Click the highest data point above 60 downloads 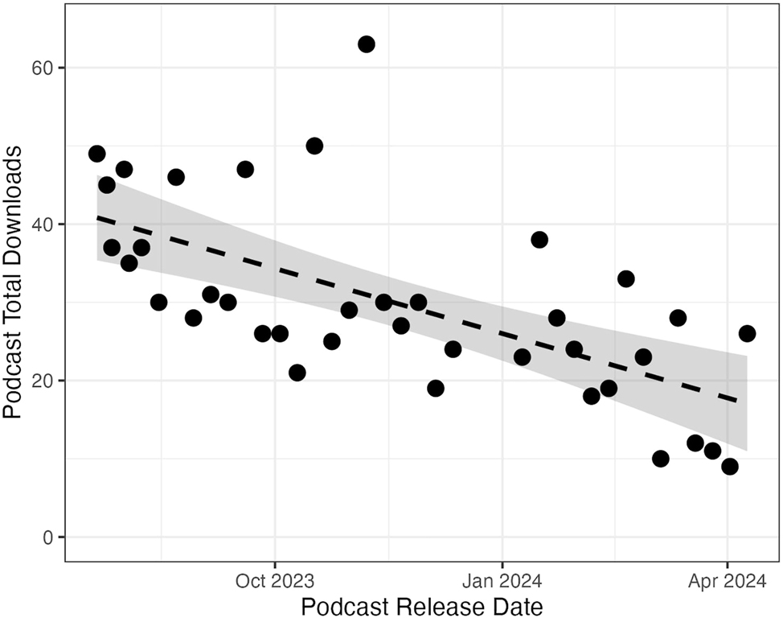[367, 44]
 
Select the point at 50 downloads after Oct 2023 [314, 146]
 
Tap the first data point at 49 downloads [97, 154]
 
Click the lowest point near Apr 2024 [730, 467]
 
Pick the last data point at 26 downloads [747, 333]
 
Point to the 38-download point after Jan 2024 [539, 240]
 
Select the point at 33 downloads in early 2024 [626, 279]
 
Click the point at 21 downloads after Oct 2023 [297, 373]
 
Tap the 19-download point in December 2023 [436, 389]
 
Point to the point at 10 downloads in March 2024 [661, 459]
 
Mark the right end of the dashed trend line [738, 399]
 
